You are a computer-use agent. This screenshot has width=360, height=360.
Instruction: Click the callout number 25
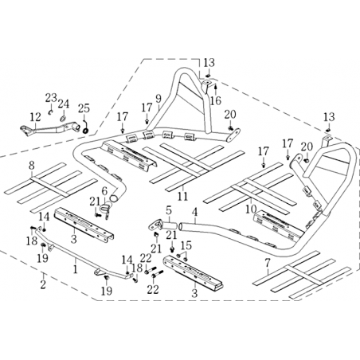pyautogui.click(x=84, y=108)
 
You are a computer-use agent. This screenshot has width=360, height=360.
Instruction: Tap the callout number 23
pyautogui.click(x=51, y=98)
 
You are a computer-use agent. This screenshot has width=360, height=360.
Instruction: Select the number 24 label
pyautogui.click(x=64, y=104)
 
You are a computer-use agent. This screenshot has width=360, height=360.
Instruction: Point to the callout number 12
pyautogui.click(x=35, y=117)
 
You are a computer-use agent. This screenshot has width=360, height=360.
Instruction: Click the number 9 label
pyautogui.click(x=158, y=99)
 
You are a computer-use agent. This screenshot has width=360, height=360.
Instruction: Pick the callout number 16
pyautogui.click(x=216, y=100)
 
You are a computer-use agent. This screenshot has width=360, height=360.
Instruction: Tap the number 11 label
pyautogui.click(x=182, y=196)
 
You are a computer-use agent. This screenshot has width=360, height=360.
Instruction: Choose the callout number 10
pyautogui.click(x=251, y=209)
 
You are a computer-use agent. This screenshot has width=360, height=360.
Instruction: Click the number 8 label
pyautogui.click(x=32, y=166)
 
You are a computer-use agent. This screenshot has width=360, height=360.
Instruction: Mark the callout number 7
pyautogui.click(x=268, y=264)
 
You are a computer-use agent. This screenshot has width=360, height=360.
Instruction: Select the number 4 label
pyautogui.click(x=195, y=213)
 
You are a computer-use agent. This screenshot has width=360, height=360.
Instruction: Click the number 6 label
pyautogui.click(x=104, y=191)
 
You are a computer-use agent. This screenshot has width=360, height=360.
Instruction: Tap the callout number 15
pyautogui.click(x=186, y=246)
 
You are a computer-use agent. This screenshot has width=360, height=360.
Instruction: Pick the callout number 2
pyautogui.click(x=43, y=284)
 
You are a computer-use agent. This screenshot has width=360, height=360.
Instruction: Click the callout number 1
pyautogui.click(x=76, y=269)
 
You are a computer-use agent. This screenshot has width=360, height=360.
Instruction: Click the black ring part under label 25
pyautogui.click(x=86, y=131)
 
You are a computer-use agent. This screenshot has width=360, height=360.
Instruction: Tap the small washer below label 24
pyautogui.click(x=63, y=118)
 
